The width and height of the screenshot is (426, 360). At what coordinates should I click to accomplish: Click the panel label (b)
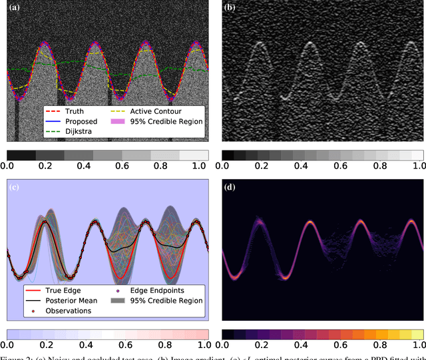(x=230, y=9)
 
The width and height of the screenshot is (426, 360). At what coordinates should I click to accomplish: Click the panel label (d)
(x=230, y=187)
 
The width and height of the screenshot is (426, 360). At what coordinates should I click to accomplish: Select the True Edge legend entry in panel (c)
(x=51, y=290)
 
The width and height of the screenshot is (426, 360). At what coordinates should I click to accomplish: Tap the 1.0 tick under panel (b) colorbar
(x=417, y=165)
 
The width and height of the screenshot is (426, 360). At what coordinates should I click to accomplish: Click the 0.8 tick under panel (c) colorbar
(x=162, y=345)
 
